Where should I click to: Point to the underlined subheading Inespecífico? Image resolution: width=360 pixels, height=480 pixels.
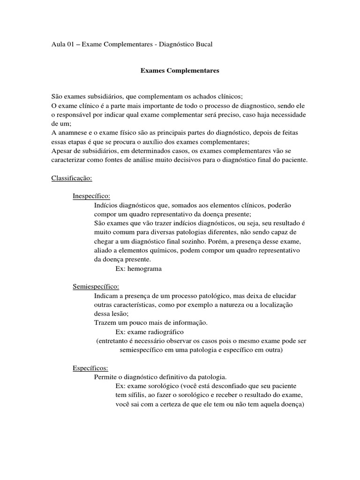pos(92,196)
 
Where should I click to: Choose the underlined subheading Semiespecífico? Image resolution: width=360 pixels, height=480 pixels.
pos(96,286)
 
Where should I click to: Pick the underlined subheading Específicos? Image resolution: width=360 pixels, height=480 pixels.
pos(90,367)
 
